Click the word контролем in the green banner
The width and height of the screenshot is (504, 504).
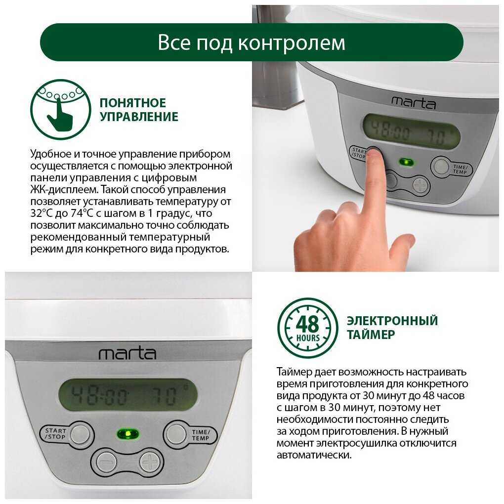pos(292,43)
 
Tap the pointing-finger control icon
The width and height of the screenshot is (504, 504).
pos(61,109)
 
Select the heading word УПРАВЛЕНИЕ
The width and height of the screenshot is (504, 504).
pos(139,117)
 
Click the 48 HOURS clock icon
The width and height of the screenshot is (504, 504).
pos(308,328)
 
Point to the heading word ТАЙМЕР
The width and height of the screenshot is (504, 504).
pos(371,335)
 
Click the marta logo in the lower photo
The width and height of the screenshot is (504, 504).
pos(127,354)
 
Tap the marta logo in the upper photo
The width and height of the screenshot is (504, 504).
pos(414,103)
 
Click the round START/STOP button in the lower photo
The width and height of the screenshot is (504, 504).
pos(80,434)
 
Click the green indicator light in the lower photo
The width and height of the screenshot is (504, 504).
pos(127,434)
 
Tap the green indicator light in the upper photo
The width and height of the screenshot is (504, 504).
pos(406,162)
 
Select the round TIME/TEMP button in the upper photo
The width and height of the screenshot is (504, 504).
pos(441,166)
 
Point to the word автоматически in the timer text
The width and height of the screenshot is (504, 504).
pos(314,455)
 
